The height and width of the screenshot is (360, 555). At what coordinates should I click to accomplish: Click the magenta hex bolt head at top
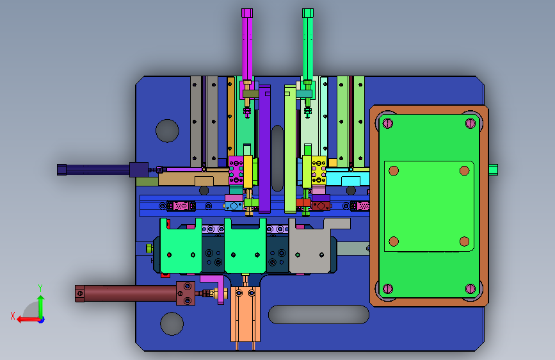(247, 13)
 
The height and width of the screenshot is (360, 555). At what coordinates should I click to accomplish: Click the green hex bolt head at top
(307, 13)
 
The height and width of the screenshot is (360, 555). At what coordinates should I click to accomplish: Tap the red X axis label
(13, 316)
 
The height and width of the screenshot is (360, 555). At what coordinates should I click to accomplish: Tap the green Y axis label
(40, 288)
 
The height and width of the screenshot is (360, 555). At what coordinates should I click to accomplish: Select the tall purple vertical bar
(264, 149)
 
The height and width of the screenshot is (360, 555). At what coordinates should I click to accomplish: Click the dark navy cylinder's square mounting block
(139, 169)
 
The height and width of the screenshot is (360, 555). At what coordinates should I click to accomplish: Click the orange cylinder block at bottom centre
(245, 315)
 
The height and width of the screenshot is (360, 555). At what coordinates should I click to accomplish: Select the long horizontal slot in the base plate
(319, 315)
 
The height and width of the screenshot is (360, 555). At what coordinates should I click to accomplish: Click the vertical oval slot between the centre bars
(278, 158)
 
